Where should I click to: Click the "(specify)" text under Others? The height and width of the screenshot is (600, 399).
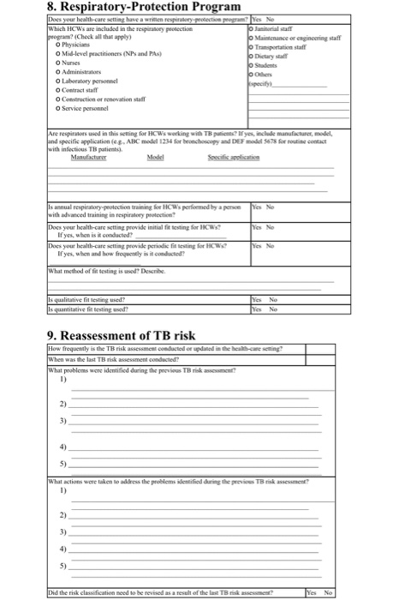(x=260, y=84)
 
